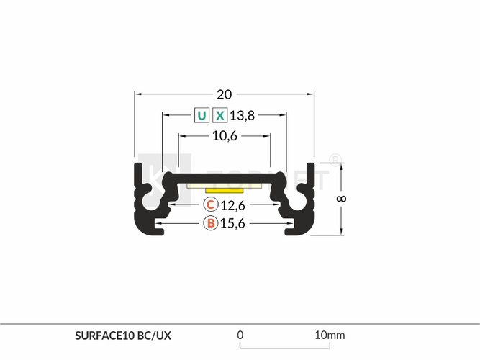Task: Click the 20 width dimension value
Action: coord(224,94)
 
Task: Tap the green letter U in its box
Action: coord(201,115)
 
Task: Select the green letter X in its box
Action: coord(219,115)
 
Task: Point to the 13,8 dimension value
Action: coord(242,116)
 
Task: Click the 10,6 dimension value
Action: coord(225,136)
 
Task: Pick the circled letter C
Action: coord(211,204)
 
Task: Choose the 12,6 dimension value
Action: coord(232,206)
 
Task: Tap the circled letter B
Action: coord(211,223)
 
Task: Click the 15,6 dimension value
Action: coord(232,224)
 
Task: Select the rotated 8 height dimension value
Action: coord(341,199)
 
